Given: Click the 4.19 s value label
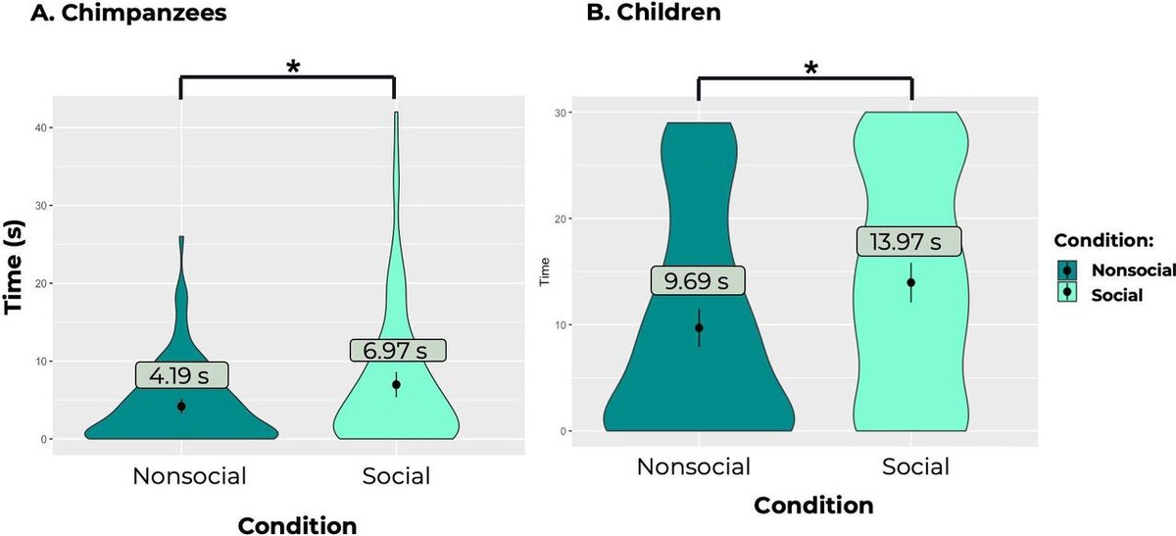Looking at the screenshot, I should coord(181,374).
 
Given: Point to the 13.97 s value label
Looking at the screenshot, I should coord(908,241).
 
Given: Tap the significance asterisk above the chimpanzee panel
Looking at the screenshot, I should coord(292,67).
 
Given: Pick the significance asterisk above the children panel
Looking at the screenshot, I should coord(809,69).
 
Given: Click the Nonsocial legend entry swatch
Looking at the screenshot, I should coord(1067,271).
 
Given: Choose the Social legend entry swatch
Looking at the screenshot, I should coord(1067,293).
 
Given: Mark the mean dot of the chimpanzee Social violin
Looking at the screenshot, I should coord(395,384).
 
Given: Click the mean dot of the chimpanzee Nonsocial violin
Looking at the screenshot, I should coord(181,406).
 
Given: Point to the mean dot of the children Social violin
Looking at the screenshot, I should coord(911,282).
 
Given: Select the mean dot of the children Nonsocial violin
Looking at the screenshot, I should coord(699,327).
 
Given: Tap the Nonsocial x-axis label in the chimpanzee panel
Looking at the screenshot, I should coord(190,476).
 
